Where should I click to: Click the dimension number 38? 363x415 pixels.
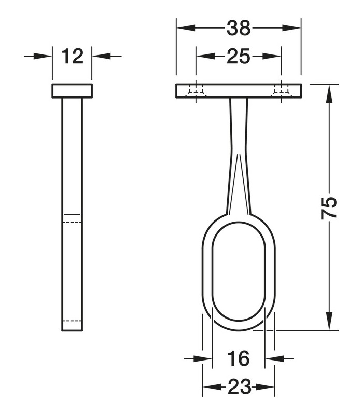pyautogui.click(x=239, y=28)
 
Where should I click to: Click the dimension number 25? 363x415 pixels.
pyautogui.click(x=238, y=56)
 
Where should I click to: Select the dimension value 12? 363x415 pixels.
pyautogui.click(x=72, y=56)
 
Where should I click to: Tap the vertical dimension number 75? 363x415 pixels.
pyautogui.click(x=329, y=208)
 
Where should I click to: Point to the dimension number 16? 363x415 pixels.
pyautogui.click(x=238, y=358)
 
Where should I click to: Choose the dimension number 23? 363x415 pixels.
pyautogui.click(x=239, y=387)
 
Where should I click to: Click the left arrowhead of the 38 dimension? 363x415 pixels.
pyautogui.click(x=186, y=28)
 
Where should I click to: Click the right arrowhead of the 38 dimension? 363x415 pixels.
pyautogui.click(x=291, y=28)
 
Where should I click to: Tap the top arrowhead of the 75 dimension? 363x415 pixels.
pyautogui.click(x=329, y=94)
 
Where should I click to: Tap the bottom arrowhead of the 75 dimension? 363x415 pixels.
pyautogui.click(x=329, y=321)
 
